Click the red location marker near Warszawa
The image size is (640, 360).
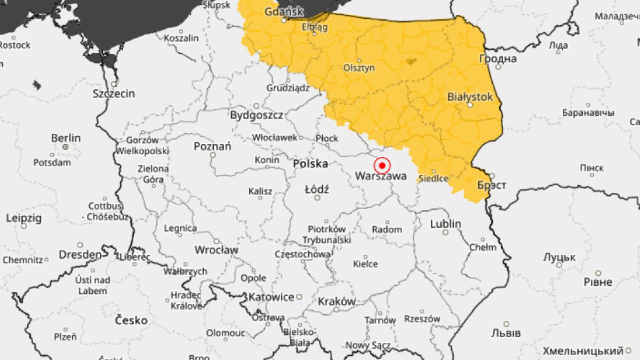[x=382, y=165]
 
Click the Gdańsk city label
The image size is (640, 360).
[x=284, y=11]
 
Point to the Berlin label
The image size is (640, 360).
[x=66, y=138]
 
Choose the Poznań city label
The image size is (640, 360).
[x=212, y=146]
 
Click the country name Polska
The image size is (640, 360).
[x=310, y=164]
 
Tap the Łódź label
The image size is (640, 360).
[x=317, y=189]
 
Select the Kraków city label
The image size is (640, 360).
[x=336, y=301]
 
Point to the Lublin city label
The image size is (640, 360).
[x=445, y=224]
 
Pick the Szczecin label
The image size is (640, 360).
[x=114, y=94]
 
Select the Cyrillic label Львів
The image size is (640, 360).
[x=506, y=333]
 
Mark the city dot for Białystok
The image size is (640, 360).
[x=470, y=105]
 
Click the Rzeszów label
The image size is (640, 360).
[x=422, y=318]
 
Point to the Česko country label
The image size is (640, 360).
[x=131, y=320]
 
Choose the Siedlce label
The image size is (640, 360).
[x=433, y=178]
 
